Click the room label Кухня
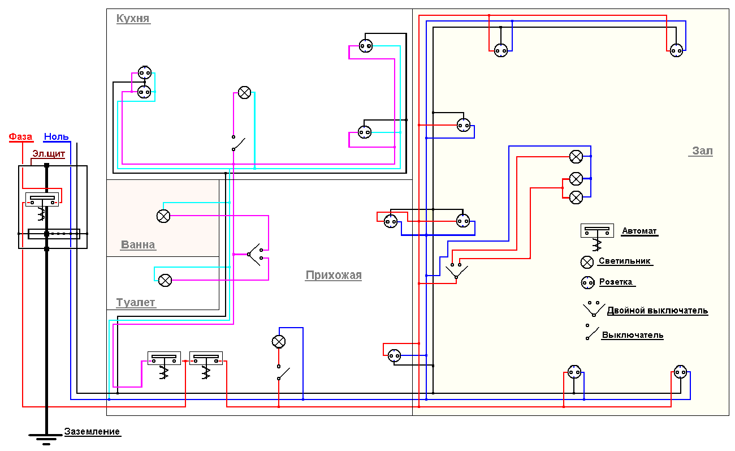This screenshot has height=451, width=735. [133, 19]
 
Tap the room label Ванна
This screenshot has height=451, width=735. [138, 245]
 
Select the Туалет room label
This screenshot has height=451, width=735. [136, 303]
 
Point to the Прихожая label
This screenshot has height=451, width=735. [333, 276]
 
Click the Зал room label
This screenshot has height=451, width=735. [703, 151]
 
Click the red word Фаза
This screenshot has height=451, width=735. [20, 137]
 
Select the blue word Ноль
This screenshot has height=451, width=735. [57, 137]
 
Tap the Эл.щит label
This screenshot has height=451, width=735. [48, 153]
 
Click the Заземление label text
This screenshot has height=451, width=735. [92, 432]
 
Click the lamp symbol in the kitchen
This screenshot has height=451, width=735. [244, 93]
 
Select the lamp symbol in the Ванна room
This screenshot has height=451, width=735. [163, 216]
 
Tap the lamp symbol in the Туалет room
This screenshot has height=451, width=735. [165, 280]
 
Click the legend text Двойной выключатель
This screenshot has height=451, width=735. [657, 311]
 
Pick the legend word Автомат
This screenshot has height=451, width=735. [639, 231]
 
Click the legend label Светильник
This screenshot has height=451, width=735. [625, 261]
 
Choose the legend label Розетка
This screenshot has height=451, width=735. [616, 282]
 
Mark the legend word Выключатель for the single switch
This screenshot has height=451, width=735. [632, 335]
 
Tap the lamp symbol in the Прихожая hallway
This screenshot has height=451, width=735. [279, 341]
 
